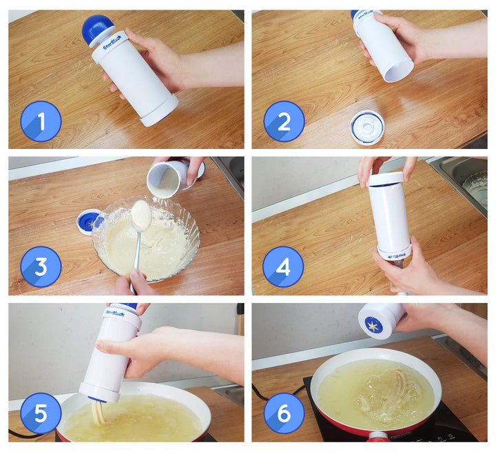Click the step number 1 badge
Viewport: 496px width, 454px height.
click(41, 121)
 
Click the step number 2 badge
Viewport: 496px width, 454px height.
click(284, 121)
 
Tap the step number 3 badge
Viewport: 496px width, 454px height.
click(41, 266)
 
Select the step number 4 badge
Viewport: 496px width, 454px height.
click(283, 266)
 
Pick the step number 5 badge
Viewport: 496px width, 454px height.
click(41, 413)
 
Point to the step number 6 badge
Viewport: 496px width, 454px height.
click(284, 413)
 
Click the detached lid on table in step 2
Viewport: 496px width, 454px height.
click(366, 127)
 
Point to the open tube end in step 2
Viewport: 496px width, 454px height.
click(398, 69)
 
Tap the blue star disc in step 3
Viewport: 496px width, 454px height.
click(91, 222)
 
